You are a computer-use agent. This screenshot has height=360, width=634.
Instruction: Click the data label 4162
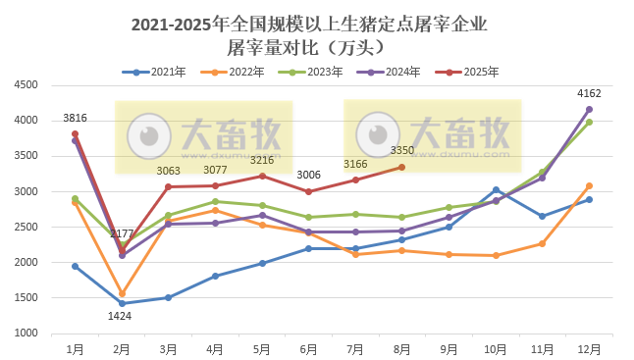(589, 94)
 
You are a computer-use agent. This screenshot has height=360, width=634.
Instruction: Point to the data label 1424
(122, 317)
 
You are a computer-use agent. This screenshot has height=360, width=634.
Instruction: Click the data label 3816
(75, 119)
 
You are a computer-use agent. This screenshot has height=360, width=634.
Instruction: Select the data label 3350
(402, 150)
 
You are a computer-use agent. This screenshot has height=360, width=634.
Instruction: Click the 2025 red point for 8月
(401, 167)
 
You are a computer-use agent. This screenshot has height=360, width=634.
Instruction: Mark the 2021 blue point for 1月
(75, 266)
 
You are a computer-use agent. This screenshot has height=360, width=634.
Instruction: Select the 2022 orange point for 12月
(589, 185)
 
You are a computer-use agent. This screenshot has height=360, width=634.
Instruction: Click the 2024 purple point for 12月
(589, 109)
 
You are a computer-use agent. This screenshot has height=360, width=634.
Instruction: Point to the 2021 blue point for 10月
(496, 189)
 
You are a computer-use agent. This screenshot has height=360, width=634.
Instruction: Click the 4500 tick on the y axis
(26, 85)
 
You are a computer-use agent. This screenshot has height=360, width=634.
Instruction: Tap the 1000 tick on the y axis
(26, 334)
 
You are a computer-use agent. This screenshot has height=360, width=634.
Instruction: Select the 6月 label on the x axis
(308, 348)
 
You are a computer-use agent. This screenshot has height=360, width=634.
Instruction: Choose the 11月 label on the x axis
(542, 348)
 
